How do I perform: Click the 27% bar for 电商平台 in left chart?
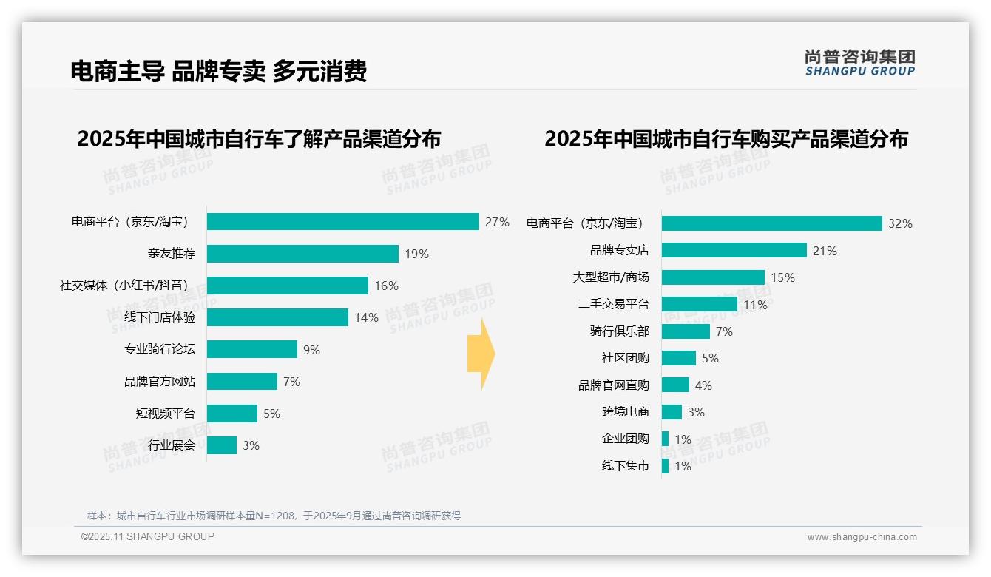342,222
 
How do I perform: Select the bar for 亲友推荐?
302,254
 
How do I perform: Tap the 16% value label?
386,286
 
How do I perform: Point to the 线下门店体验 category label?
160,317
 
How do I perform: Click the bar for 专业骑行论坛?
251,349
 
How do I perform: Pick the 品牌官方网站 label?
160,382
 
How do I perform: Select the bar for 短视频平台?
231,414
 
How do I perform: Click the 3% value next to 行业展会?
251,445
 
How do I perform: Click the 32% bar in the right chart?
771,223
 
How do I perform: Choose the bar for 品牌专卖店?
734,250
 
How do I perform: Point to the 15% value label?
782,277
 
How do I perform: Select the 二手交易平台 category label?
613,304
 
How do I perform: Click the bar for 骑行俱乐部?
686,331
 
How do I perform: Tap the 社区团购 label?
625,358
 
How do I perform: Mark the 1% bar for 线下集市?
665,466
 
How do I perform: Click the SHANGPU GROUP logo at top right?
859,63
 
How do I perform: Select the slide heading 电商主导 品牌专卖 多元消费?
218,71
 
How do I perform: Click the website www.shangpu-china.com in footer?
862,537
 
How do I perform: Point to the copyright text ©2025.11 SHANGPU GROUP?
148,536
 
